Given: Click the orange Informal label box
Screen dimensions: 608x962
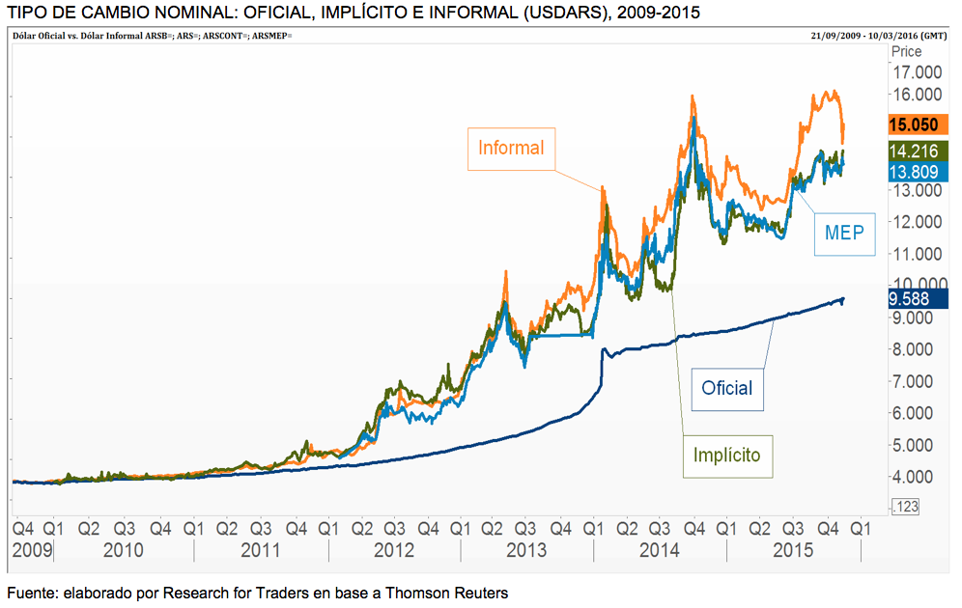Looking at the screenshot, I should (511, 149).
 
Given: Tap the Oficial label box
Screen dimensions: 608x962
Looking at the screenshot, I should (726, 388).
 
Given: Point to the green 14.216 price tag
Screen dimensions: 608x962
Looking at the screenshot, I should (913, 151).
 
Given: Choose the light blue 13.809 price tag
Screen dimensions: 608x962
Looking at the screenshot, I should (913, 171).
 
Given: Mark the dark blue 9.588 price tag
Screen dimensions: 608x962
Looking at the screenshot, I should (913, 299).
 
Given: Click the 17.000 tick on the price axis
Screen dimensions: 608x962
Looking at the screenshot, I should (917, 72).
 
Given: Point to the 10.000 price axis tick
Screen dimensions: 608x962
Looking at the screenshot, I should (915, 286).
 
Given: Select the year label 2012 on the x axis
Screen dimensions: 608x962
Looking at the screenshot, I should (394, 550).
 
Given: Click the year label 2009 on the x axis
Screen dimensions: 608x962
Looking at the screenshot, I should (33, 550).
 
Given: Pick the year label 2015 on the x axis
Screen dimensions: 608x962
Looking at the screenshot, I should (793, 550).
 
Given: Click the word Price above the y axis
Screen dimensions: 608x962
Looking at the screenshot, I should (908, 52).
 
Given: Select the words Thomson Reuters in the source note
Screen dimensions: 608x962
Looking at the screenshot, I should (450, 592).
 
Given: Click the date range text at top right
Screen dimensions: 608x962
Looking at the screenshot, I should (878, 35).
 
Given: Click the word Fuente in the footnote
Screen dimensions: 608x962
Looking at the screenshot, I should (30, 592).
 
